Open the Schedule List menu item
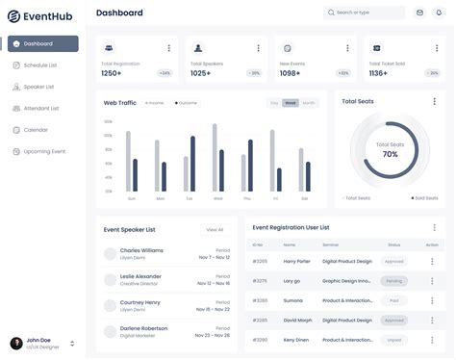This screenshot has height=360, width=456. (39, 65)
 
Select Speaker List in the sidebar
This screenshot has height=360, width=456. (38, 87)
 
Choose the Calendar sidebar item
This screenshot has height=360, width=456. (36, 130)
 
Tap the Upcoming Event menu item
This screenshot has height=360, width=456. (43, 151)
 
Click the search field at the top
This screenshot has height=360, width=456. (365, 13)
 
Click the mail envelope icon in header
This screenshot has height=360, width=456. (419, 13)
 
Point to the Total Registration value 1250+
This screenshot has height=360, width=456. (112, 73)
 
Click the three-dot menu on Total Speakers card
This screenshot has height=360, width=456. (257, 48)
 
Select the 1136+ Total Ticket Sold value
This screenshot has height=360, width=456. (378, 73)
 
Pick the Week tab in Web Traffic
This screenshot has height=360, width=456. (291, 103)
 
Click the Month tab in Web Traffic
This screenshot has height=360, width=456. (308, 103)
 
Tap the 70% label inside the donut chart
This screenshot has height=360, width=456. (390, 154)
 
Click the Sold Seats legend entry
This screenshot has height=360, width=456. (424, 197)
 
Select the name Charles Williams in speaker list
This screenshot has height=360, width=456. (141, 250)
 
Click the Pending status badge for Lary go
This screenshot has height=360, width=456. (393, 281)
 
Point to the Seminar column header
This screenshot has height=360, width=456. (331, 244)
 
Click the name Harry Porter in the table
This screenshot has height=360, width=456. (297, 261)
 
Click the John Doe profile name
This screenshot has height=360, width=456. (39, 340)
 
